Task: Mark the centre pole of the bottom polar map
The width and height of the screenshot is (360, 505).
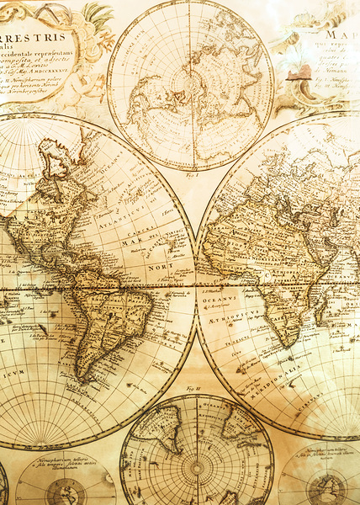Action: [197, 466]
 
